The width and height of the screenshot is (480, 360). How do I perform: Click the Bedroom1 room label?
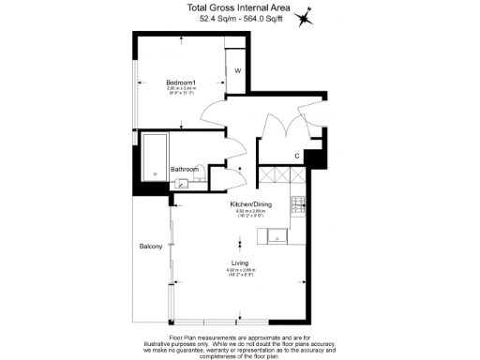tap(181, 82)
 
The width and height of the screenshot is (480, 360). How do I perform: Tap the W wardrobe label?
tap(237, 71)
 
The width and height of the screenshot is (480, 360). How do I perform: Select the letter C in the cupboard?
tap(296, 155)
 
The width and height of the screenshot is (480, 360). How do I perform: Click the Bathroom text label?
tap(185, 170)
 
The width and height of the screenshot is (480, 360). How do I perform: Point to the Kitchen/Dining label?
tap(250, 203)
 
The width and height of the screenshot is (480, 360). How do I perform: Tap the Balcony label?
tap(152, 247)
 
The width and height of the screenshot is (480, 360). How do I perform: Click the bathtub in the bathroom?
tap(154, 156)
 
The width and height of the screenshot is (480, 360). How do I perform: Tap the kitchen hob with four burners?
tap(299, 203)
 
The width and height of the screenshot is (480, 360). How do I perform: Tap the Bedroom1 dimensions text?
tap(181, 91)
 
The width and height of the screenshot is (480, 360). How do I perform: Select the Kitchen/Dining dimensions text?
tap(250, 213)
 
